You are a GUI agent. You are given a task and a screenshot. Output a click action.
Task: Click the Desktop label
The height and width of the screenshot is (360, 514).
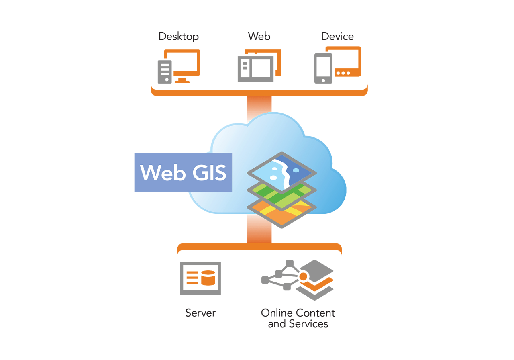point(179,37)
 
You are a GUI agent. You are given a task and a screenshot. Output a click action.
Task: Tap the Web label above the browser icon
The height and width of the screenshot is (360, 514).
point(259,36)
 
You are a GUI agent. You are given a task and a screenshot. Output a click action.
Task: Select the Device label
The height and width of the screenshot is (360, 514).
point(337,37)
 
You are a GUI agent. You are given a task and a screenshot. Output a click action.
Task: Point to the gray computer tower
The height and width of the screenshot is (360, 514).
point(165,72)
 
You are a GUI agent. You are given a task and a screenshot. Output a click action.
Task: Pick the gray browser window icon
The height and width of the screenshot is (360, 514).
point(256,69)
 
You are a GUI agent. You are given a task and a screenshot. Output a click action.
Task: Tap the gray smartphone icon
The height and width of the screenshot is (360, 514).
point(323,68)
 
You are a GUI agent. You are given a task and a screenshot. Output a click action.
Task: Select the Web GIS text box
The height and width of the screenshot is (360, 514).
point(183,172)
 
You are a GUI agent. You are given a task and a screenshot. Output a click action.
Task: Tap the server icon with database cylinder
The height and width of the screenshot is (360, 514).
point(200,278)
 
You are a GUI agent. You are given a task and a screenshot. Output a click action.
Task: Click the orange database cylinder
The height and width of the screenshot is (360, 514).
point(208,278)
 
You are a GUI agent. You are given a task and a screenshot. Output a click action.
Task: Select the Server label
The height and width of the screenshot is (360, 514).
point(200,313)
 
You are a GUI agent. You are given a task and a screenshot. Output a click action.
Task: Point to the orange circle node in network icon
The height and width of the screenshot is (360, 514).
point(303,276)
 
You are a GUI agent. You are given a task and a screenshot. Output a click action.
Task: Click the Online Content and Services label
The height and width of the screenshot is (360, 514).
point(298,318)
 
